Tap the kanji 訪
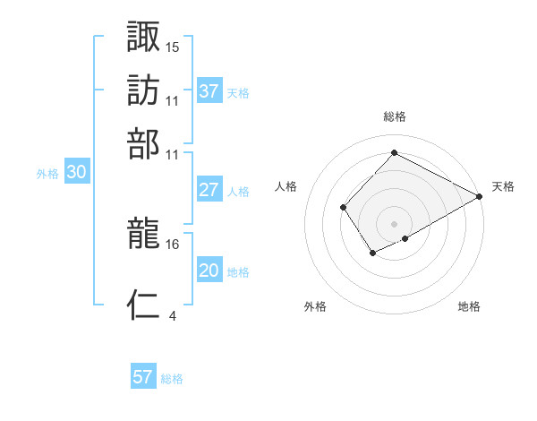click(x=144, y=90)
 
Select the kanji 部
click(x=144, y=142)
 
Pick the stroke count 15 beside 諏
click(x=173, y=47)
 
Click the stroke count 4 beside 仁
click(x=172, y=314)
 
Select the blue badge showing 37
click(x=209, y=91)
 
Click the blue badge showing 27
click(x=209, y=190)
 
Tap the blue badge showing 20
click(x=209, y=271)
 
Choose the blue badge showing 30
click(x=77, y=174)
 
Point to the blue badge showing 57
click(x=142, y=377)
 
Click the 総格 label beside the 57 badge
click(x=172, y=379)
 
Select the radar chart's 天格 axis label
click(x=503, y=186)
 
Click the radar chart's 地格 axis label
click(x=469, y=307)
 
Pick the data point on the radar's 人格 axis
click(x=344, y=208)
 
